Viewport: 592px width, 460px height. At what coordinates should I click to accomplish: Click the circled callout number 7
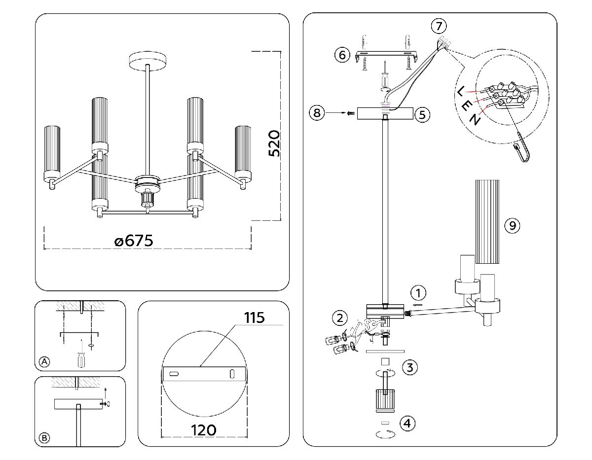click(x=438, y=25)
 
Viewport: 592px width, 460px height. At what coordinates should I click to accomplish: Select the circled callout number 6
click(x=342, y=54)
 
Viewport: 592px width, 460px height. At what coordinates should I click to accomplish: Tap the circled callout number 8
click(x=317, y=113)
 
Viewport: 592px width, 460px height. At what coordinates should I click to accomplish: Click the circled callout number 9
click(x=513, y=225)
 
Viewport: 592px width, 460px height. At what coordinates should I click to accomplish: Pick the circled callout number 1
click(x=418, y=293)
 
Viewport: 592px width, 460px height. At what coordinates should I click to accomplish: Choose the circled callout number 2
click(x=339, y=318)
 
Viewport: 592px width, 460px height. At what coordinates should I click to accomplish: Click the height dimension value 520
click(x=274, y=143)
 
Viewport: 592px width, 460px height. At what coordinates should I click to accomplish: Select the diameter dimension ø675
click(x=134, y=241)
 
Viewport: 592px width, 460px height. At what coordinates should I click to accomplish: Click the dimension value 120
click(x=203, y=429)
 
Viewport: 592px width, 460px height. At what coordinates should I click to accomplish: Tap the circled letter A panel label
click(x=44, y=362)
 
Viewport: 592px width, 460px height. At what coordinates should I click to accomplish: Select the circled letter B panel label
click(x=44, y=438)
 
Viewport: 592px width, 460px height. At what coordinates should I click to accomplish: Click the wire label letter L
click(x=460, y=90)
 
